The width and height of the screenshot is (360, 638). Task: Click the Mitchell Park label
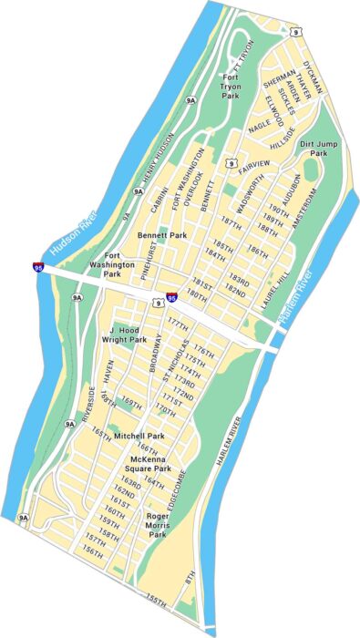click(139, 437)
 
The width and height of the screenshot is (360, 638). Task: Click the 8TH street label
click(190, 577)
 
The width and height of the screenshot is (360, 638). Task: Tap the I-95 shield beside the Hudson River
click(37, 268)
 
